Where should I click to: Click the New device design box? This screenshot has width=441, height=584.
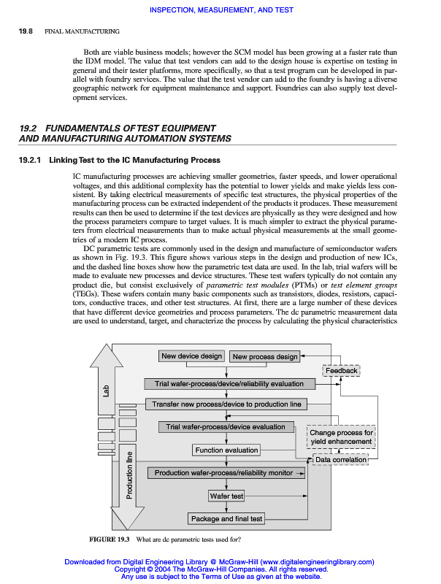point(191,356)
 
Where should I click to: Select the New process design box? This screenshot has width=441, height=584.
point(265,357)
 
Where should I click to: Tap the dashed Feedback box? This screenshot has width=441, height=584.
point(341,371)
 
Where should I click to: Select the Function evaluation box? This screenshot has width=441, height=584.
point(226,450)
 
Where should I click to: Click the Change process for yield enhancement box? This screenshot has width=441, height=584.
point(341,437)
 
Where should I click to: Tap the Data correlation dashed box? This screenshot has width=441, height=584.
point(340,460)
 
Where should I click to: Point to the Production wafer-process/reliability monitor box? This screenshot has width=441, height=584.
point(224,473)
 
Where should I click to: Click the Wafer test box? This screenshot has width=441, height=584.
point(226,496)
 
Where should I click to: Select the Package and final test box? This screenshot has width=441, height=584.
point(226,519)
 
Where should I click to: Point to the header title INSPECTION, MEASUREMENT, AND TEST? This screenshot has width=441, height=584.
point(220,9)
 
